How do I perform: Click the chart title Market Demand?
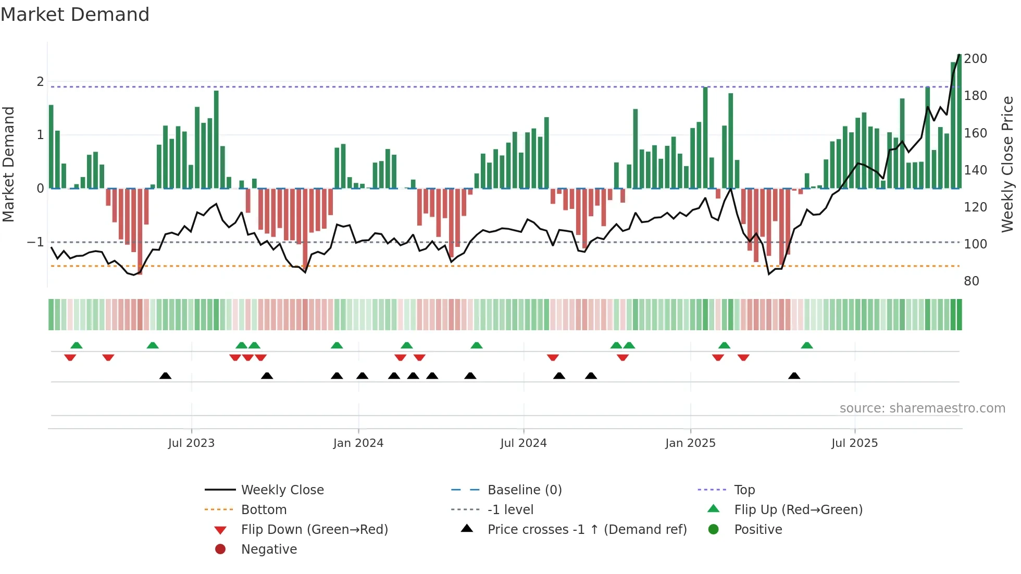click(x=75, y=15)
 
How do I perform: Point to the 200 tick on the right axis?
click(x=975, y=59)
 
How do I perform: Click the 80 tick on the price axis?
click(x=972, y=281)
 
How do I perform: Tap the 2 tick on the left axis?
click(x=40, y=82)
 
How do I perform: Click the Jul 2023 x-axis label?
click(x=191, y=443)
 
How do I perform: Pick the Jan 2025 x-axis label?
click(x=690, y=443)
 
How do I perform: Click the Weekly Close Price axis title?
click(x=1007, y=164)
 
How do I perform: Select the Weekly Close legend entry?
click(x=282, y=490)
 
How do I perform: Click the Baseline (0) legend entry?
click(x=524, y=490)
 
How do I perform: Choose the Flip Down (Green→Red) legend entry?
click(x=314, y=530)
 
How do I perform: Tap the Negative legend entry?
click(x=269, y=550)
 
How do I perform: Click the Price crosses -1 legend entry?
click(x=587, y=530)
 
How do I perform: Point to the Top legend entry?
click(x=744, y=490)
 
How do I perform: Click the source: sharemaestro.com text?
click(x=922, y=408)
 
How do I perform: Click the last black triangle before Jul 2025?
click(x=794, y=376)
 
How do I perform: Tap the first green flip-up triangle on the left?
click(x=77, y=345)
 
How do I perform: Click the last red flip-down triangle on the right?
click(x=743, y=357)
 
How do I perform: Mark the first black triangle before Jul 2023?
click(x=165, y=376)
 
